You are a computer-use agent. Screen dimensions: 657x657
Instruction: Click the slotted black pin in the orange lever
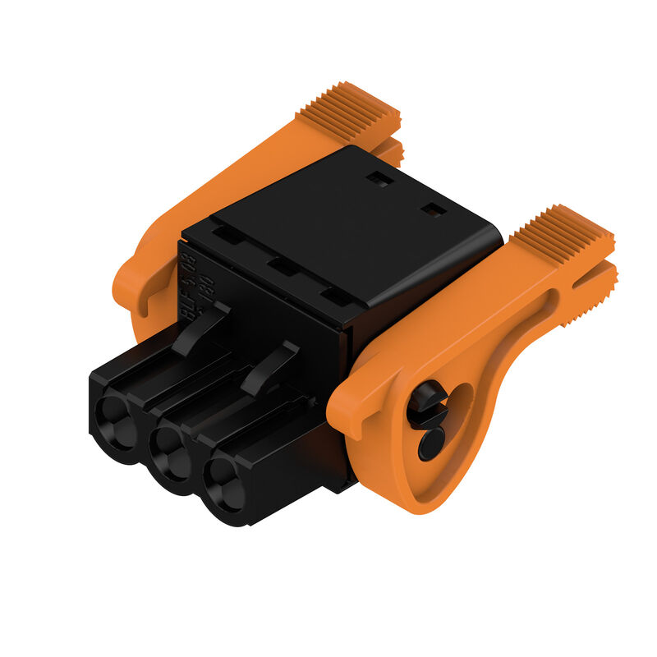[427, 402]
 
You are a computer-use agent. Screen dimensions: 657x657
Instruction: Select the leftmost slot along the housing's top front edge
[227, 235]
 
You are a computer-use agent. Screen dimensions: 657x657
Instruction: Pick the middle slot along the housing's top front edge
[281, 266]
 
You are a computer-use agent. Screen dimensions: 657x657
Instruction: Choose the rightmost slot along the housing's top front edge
[335, 296]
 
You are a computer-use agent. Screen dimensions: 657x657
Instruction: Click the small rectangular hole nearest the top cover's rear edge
[379, 177]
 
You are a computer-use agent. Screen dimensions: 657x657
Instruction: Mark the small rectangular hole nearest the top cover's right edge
[433, 210]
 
